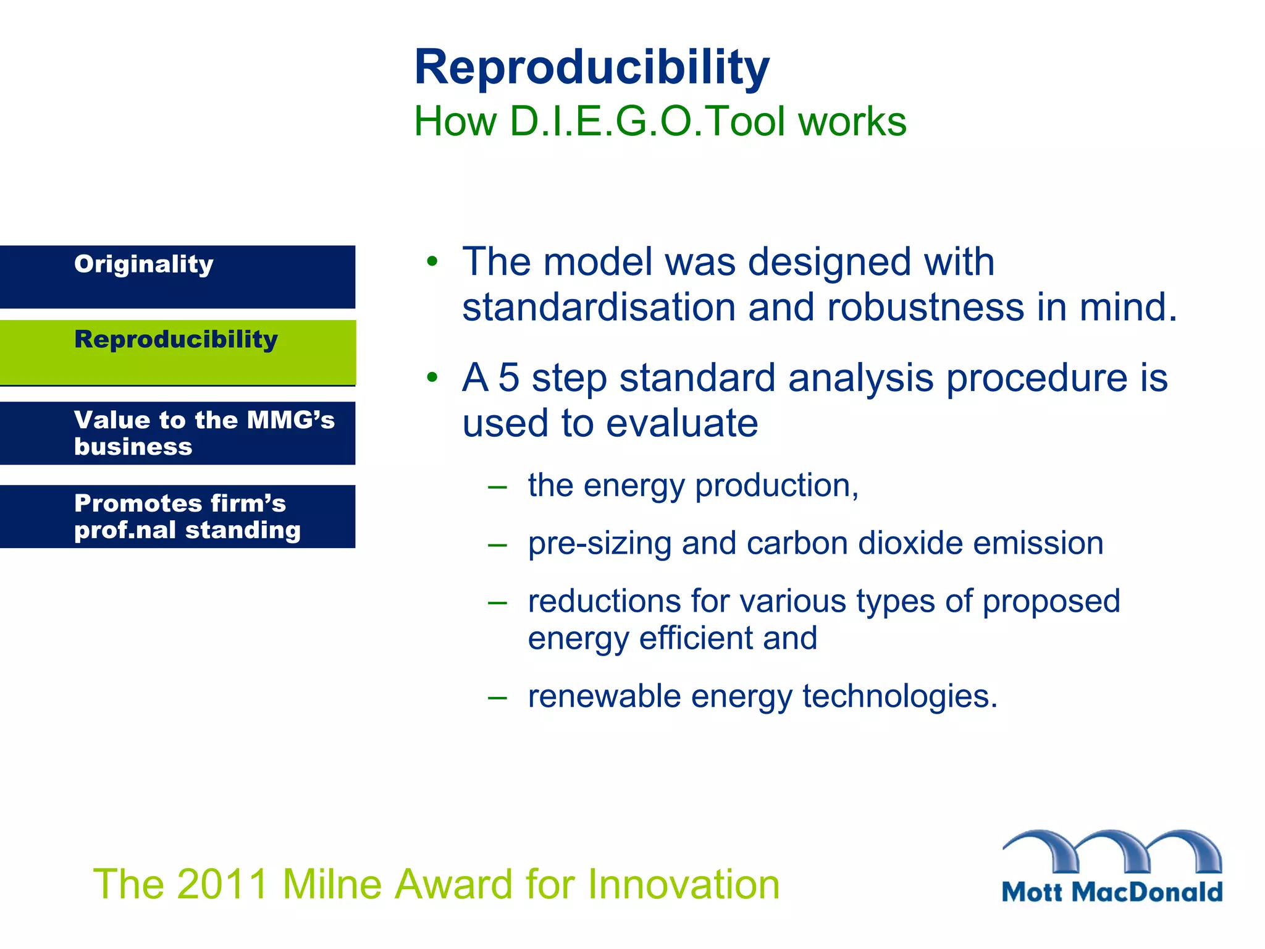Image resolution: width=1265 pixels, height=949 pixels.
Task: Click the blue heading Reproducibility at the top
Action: coord(591,68)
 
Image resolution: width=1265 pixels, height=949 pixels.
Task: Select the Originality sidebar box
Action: coord(177,277)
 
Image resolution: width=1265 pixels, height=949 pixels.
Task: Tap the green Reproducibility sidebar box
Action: coord(177,352)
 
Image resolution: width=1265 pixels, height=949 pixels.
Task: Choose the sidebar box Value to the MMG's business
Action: coord(177,433)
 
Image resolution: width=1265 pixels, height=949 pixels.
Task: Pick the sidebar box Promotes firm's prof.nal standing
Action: coord(177,517)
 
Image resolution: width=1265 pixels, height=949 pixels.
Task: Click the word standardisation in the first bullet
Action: coord(598,307)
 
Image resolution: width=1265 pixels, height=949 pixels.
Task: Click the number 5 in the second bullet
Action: coord(508,377)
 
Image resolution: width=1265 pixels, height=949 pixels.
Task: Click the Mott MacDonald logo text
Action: coord(1111,892)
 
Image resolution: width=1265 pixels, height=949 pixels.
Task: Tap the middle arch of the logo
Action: coord(1112,850)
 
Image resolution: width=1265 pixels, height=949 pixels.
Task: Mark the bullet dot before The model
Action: coord(432,261)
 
